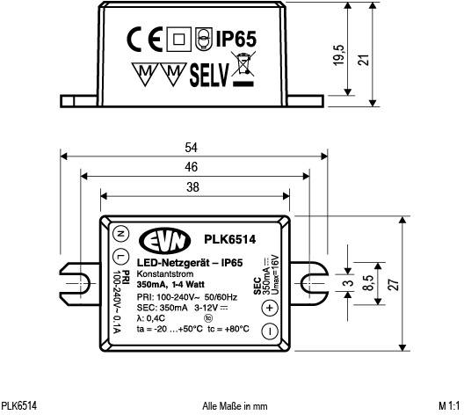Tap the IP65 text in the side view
coord(236,40)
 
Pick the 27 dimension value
coord(393,283)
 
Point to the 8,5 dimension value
coord(368,283)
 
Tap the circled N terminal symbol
coord(120,234)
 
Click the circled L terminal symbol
coord(120,256)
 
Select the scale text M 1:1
coord(448,406)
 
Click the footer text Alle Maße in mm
coord(234,406)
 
